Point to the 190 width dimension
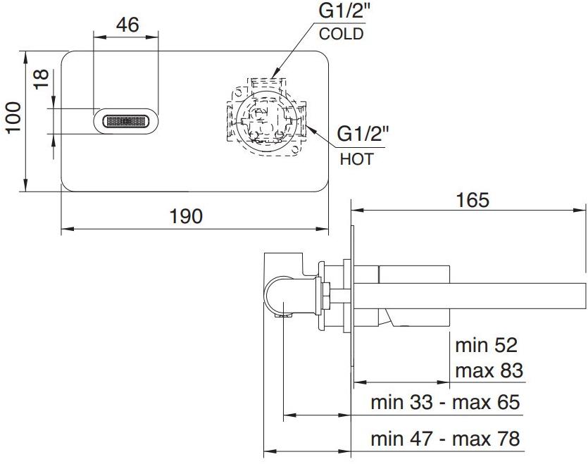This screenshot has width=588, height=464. pos(186,215)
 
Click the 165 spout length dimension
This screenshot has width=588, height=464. pos(472,200)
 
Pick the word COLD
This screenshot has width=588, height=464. pos(342,34)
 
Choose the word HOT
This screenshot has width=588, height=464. pos(356,159)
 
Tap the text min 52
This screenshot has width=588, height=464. pos(486,345)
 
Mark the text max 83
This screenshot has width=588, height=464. pos(489,370)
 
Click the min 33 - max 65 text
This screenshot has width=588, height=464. pos(445,403)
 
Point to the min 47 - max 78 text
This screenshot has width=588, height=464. pos(445,439)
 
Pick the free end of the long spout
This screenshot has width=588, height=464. pos(582,294)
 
